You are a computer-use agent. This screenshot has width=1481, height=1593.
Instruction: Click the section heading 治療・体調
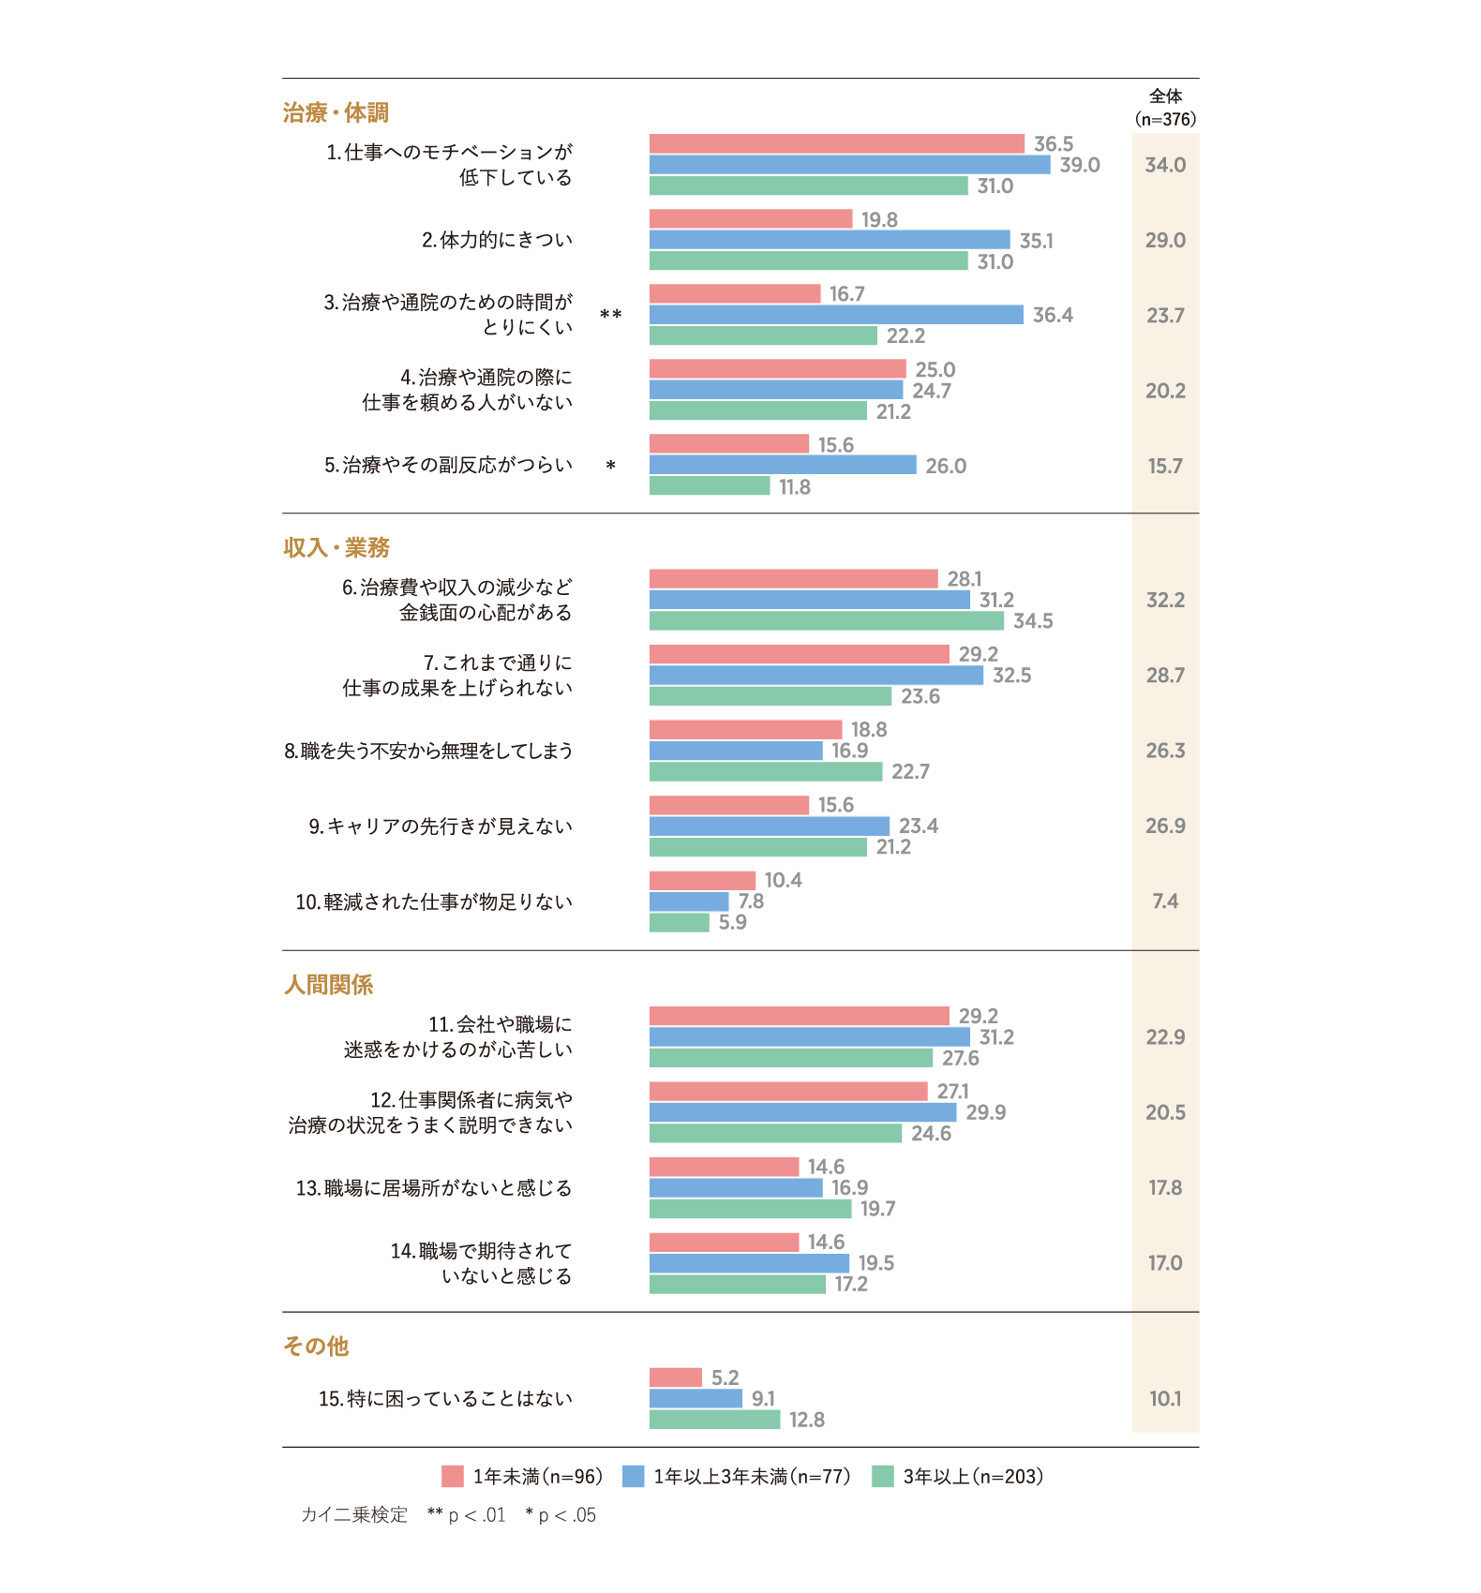pos(336,113)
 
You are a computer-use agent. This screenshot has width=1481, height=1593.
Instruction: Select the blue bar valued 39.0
pos(850,165)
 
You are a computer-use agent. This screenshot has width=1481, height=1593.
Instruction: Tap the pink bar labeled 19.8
pos(751,219)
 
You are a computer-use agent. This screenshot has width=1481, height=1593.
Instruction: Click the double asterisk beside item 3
pos(611,315)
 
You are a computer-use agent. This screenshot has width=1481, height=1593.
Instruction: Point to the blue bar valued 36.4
pos(836,315)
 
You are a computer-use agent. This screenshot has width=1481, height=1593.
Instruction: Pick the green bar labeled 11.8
pos(710,486)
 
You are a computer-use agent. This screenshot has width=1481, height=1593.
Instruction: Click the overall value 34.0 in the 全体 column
pos(1165,165)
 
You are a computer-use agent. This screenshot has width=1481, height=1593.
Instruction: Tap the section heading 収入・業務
pos(337,548)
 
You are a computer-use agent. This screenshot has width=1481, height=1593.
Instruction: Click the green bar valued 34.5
pos(827,620)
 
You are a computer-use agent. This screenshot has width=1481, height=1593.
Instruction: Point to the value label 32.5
pos(1012,676)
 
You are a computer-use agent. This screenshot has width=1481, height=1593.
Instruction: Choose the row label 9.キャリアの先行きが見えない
pos(441,826)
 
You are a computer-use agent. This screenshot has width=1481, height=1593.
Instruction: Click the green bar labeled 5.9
pos(680,922)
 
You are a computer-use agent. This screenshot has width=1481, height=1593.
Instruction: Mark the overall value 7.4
pos(1165,901)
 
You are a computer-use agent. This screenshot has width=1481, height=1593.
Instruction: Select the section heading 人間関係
pos(329,985)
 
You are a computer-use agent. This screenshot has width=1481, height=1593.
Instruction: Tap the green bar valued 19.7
pos(751,1209)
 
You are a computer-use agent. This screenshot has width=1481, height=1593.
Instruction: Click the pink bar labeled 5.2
pos(676,1377)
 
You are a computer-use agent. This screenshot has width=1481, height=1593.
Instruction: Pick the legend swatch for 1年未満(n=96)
pos(453,1477)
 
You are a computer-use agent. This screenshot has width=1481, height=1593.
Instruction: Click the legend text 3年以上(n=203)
pos(973,1477)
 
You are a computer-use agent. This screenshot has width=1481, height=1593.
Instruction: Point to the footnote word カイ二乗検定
pos(354,1515)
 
